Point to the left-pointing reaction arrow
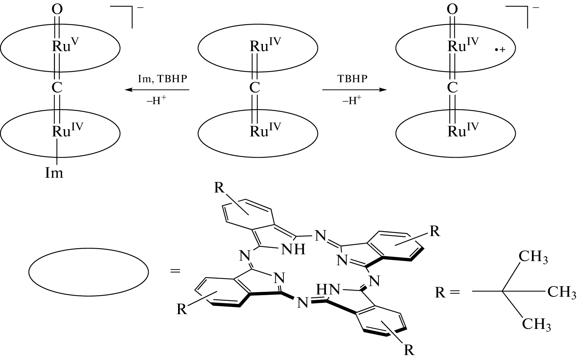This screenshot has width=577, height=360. (x=157, y=90)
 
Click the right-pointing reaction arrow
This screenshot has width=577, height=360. (x=354, y=90)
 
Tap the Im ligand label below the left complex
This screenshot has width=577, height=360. (x=54, y=173)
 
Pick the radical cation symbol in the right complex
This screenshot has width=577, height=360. (x=500, y=50)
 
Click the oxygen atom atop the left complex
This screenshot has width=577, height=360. (x=57, y=9)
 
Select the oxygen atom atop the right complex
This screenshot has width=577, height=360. (x=452, y=9)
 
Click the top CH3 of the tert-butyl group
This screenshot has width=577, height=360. (x=533, y=257)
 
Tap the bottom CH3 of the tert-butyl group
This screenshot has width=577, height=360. (x=536, y=324)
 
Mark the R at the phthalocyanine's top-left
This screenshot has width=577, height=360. (x=219, y=188)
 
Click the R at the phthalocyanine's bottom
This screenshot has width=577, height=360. (x=409, y=350)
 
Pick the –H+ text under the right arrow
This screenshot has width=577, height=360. (x=352, y=101)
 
